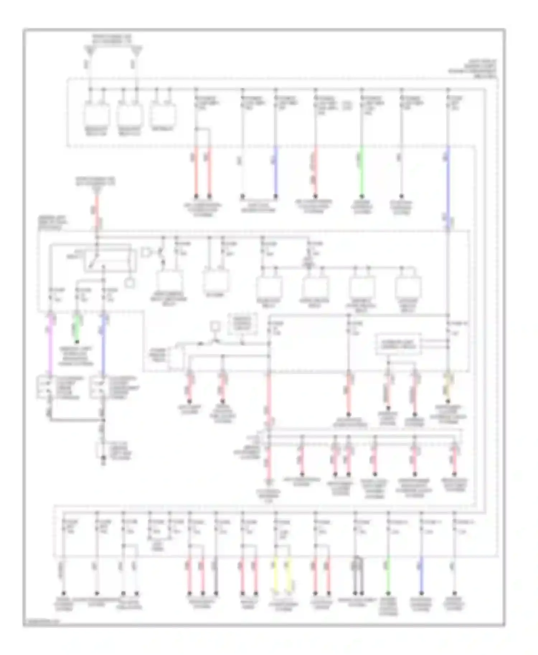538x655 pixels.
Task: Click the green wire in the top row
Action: pyautogui.click(x=362, y=172)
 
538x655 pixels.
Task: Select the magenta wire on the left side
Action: pyautogui.click(x=50, y=344)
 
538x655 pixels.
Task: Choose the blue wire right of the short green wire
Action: pyautogui.click(x=103, y=344)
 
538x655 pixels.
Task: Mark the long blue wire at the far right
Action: pyautogui.click(x=448, y=186)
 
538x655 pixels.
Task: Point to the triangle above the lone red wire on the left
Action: pyautogui.click(x=96, y=188)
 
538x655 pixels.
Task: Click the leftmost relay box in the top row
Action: pyautogui.click(x=96, y=114)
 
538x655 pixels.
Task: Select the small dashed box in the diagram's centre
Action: pyautogui.click(x=243, y=324)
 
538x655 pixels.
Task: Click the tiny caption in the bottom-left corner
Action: pyautogui.click(x=42, y=621)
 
